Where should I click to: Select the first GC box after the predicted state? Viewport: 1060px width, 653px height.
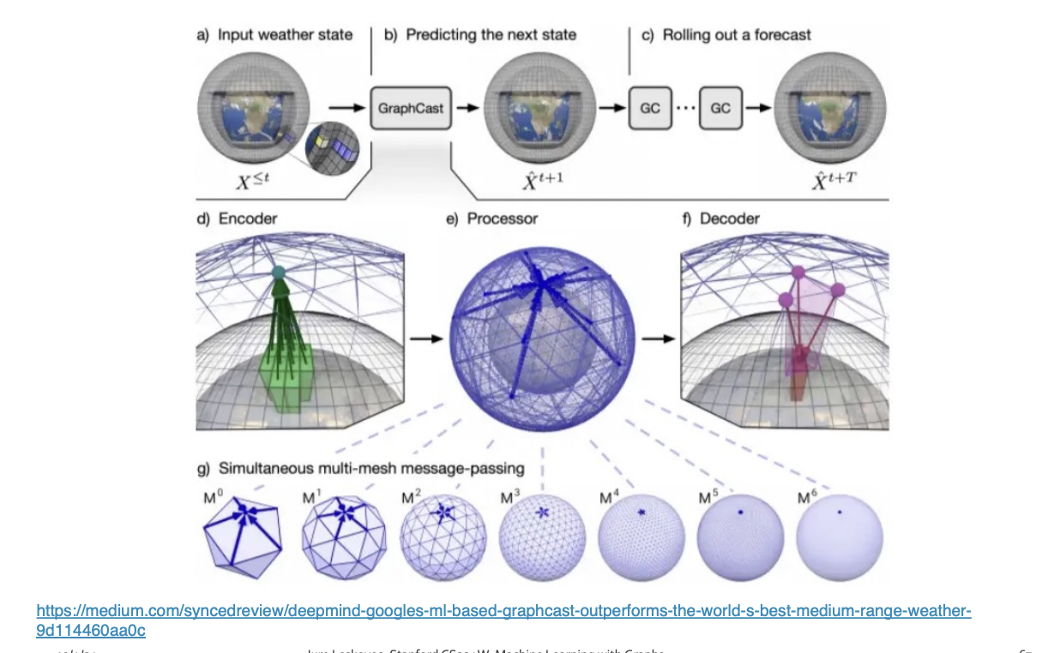pyautogui.click(x=650, y=109)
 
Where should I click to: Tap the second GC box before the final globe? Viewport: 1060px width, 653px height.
pyautogui.click(x=720, y=109)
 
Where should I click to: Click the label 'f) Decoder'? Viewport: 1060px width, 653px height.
pyautogui.click(x=720, y=219)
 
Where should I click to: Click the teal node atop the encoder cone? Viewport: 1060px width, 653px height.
pyautogui.click(x=277, y=273)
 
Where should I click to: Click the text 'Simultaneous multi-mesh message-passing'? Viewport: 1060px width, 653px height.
pyautogui.click(x=371, y=469)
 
